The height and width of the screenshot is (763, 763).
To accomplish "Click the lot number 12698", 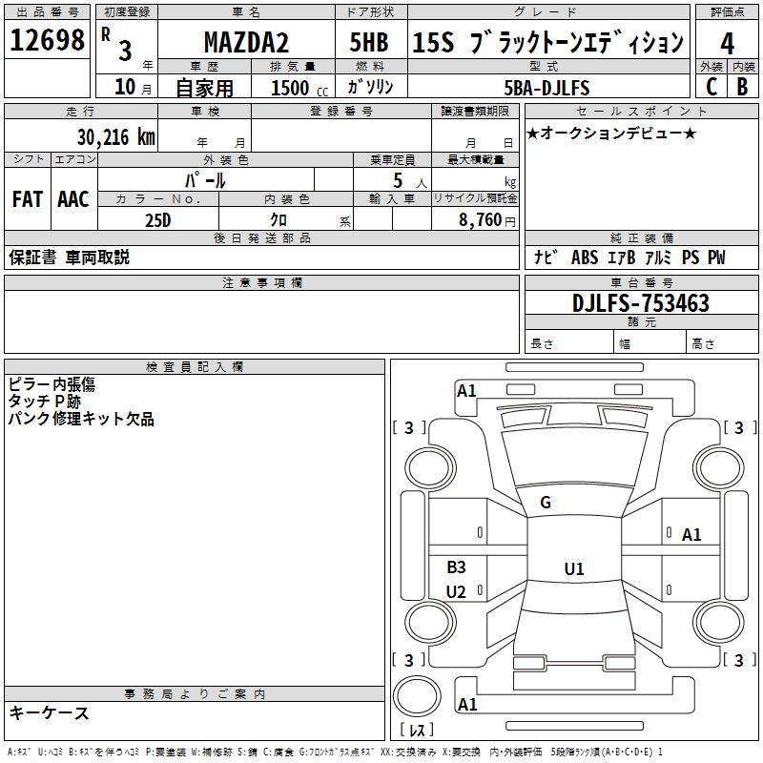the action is (47, 40).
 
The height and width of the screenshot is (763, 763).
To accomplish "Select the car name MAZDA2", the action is (246, 42).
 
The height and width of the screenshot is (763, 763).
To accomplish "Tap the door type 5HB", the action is (369, 42).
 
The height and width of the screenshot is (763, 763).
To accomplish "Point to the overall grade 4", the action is (727, 44).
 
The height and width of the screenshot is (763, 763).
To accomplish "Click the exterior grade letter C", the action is (711, 87).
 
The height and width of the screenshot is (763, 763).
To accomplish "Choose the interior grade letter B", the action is (742, 87).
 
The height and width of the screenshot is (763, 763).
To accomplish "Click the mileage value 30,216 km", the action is (115, 137).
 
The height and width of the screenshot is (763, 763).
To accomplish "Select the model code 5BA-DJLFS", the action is (546, 88).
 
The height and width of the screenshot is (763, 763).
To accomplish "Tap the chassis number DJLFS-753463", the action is (640, 303).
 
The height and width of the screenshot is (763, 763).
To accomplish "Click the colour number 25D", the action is (158, 220).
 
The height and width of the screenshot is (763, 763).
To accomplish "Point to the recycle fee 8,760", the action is (481, 220).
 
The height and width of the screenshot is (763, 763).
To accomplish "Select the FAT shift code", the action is (28, 199).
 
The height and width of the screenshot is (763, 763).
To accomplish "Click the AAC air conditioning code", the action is (73, 199).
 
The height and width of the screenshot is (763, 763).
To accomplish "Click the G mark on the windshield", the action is (546, 503).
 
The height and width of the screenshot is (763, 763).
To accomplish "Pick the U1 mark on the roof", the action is (574, 568).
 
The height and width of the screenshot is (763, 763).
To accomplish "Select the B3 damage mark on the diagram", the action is (456, 567).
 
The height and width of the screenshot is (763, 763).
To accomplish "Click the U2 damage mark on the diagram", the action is (456, 591).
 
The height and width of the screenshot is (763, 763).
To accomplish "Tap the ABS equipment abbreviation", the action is (585, 258).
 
